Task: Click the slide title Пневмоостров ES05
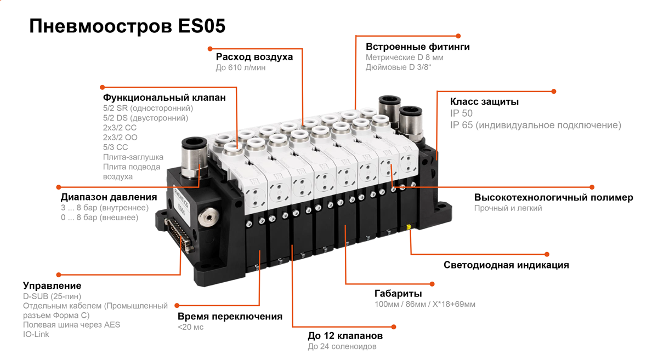pos(127,26)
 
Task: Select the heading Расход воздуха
pos(254,57)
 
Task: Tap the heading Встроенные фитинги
pos(417,47)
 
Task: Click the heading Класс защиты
pos(484,102)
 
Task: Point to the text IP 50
pos(461,113)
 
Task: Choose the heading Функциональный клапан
pos(164,98)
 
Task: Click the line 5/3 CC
pos(115,147)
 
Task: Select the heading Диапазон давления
pos(109,197)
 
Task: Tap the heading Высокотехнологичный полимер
pos(553,197)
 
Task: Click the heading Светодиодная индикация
pos(506,265)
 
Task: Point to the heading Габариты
pos(398,293)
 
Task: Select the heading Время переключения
pos(230,316)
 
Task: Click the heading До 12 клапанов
pos(345,336)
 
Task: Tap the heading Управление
pos(52,285)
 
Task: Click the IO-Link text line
pos(36,334)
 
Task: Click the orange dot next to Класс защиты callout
pos(554,92)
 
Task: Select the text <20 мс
pos(190,327)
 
